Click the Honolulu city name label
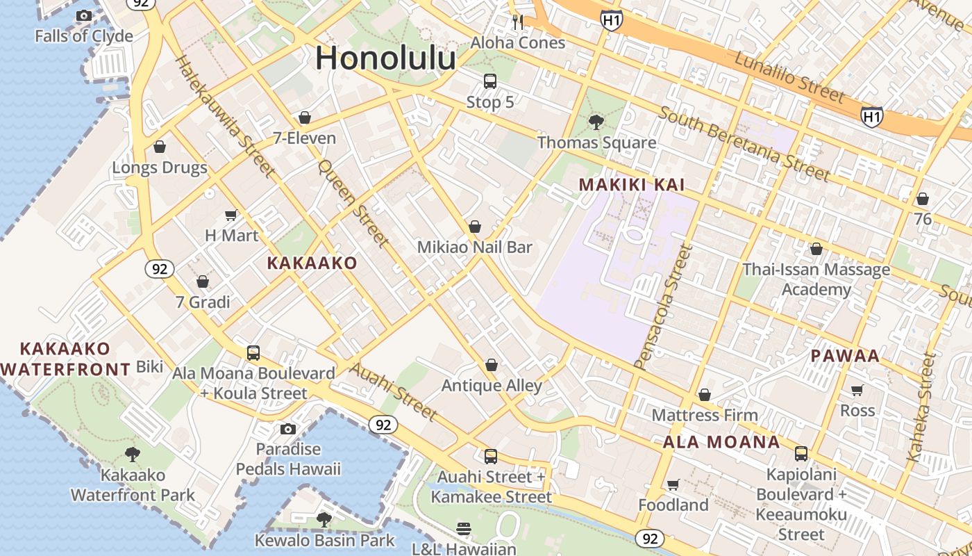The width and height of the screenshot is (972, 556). pyautogui.click(x=385, y=58)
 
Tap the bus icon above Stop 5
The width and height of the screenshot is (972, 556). pyautogui.click(x=490, y=81)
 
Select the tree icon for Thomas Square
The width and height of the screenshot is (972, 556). pyautogui.click(x=596, y=122)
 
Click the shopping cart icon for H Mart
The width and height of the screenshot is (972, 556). pyautogui.click(x=231, y=215)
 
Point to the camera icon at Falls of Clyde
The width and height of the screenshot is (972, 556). pyautogui.click(x=84, y=15)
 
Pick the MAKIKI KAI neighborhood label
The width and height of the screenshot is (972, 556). pyautogui.click(x=632, y=185)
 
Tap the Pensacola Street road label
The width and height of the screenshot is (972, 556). pyautogui.click(x=664, y=306)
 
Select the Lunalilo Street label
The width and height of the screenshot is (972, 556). pyautogui.click(x=789, y=76)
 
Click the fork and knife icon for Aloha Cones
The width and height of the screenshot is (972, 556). pyautogui.click(x=518, y=22)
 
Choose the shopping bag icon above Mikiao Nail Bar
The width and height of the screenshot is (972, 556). pyautogui.click(x=475, y=227)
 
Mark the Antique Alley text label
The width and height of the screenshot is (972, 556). pyautogui.click(x=492, y=386)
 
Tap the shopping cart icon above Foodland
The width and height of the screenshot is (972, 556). pyautogui.click(x=673, y=484)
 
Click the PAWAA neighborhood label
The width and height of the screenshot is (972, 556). pyautogui.click(x=845, y=356)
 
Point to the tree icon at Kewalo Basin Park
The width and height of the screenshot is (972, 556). pyautogui.click(x=324, y=519)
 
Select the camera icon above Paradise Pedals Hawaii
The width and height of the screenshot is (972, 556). pyautogui.click(x=288, y=429)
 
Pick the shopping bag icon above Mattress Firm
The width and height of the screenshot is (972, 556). pyautogui.click(x=705, y=395)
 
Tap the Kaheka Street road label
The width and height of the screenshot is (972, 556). pyautogui.click(x=922, y=407)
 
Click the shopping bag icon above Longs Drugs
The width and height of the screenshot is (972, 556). pyautogui.click(x=160, y=147)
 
